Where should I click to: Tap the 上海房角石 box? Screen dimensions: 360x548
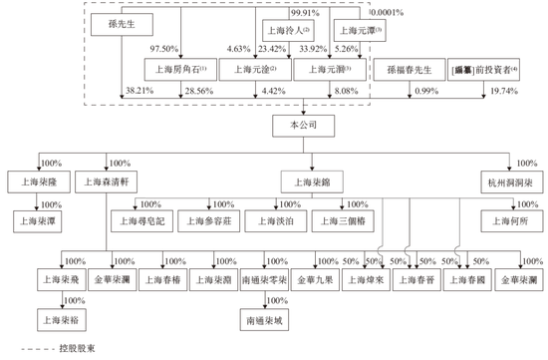click(176, 70)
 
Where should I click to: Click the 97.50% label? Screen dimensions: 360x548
click(164, 48)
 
